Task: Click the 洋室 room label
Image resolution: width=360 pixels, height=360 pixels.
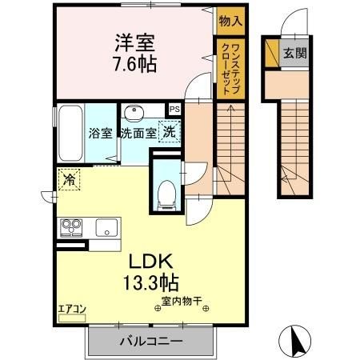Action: [134, 43]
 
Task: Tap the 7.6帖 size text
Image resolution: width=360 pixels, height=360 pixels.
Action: [135, 64]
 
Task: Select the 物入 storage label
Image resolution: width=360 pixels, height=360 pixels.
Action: [230, 21]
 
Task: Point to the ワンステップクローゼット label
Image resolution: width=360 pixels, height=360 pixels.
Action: [230, 69]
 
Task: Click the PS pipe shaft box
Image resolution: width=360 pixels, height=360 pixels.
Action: [175, 110]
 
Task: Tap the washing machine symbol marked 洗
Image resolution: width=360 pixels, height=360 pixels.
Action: [170, 131]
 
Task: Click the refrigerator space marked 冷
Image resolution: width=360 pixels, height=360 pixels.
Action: [69, 180]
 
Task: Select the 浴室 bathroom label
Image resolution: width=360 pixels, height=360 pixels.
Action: [101, 133]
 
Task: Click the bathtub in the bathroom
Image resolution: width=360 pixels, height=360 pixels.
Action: [70, 133]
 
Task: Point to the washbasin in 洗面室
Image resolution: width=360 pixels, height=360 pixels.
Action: [134, 111]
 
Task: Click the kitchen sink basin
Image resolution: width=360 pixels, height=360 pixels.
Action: [106, 227]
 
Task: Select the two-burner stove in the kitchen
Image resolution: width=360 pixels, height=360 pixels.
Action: [71, 228]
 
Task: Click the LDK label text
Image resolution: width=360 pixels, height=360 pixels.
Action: [151, 262]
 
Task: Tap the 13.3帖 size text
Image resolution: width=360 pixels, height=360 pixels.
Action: [150, 282]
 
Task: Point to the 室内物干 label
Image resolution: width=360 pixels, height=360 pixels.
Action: [182, 302]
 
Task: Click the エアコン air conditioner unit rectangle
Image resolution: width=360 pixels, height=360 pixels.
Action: [72, 318]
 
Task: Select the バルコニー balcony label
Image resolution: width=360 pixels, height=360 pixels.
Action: [151, 341]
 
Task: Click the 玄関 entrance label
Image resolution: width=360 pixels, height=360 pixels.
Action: [295, 53]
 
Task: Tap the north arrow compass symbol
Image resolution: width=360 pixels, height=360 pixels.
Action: [295, 342]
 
